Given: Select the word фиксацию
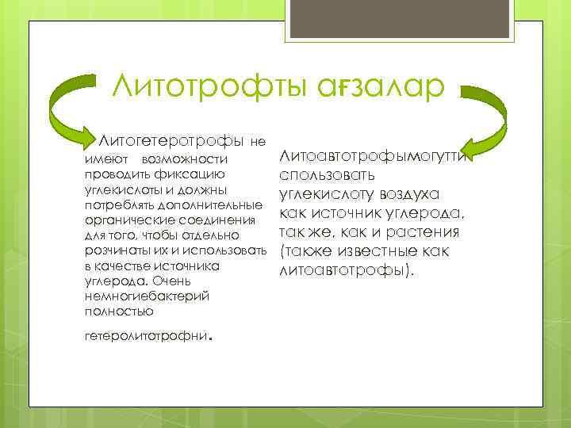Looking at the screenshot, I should click(x=194, y=175).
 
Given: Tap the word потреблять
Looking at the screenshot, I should click(x=117, y=205).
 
